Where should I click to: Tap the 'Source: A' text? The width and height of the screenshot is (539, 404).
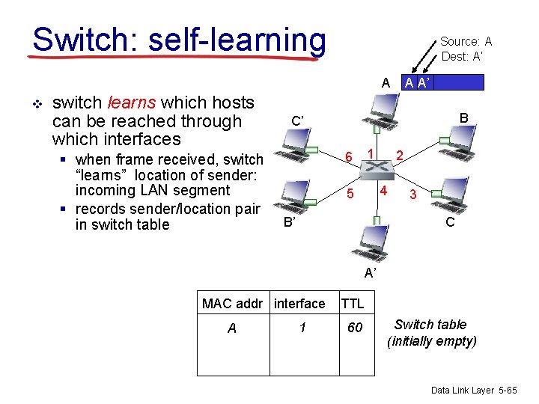click(466, 42)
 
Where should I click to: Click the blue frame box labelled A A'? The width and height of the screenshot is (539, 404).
click(442, 82)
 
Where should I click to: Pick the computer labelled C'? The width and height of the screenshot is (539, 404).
click(292, 144)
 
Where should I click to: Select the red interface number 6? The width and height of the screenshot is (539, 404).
click(348, 156)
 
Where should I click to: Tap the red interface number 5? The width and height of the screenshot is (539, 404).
click(349, 194)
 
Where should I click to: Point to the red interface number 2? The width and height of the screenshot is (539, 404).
click(400, 156)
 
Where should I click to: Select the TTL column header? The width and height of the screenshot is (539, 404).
click(352, 303)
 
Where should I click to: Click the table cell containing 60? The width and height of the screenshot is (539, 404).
click(355, 328)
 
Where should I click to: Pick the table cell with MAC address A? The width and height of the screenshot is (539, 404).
click(232, 328)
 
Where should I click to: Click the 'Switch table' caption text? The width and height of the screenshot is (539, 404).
click(430, 325)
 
